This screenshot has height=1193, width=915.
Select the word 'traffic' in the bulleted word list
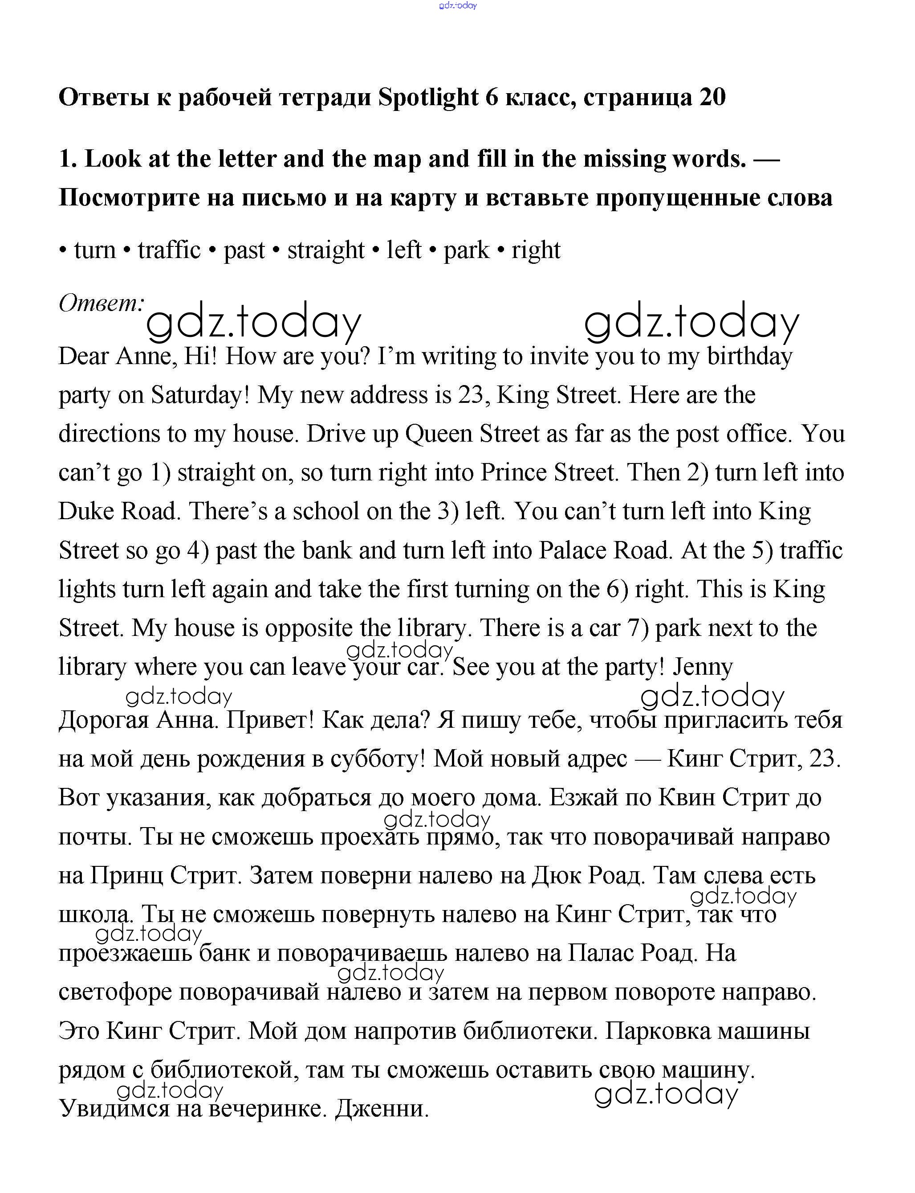[169, 250]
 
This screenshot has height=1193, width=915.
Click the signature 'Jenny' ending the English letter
[703, 667]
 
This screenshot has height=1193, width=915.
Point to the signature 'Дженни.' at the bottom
[382, 1108]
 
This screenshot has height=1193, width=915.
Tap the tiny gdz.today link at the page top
[458, 5]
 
